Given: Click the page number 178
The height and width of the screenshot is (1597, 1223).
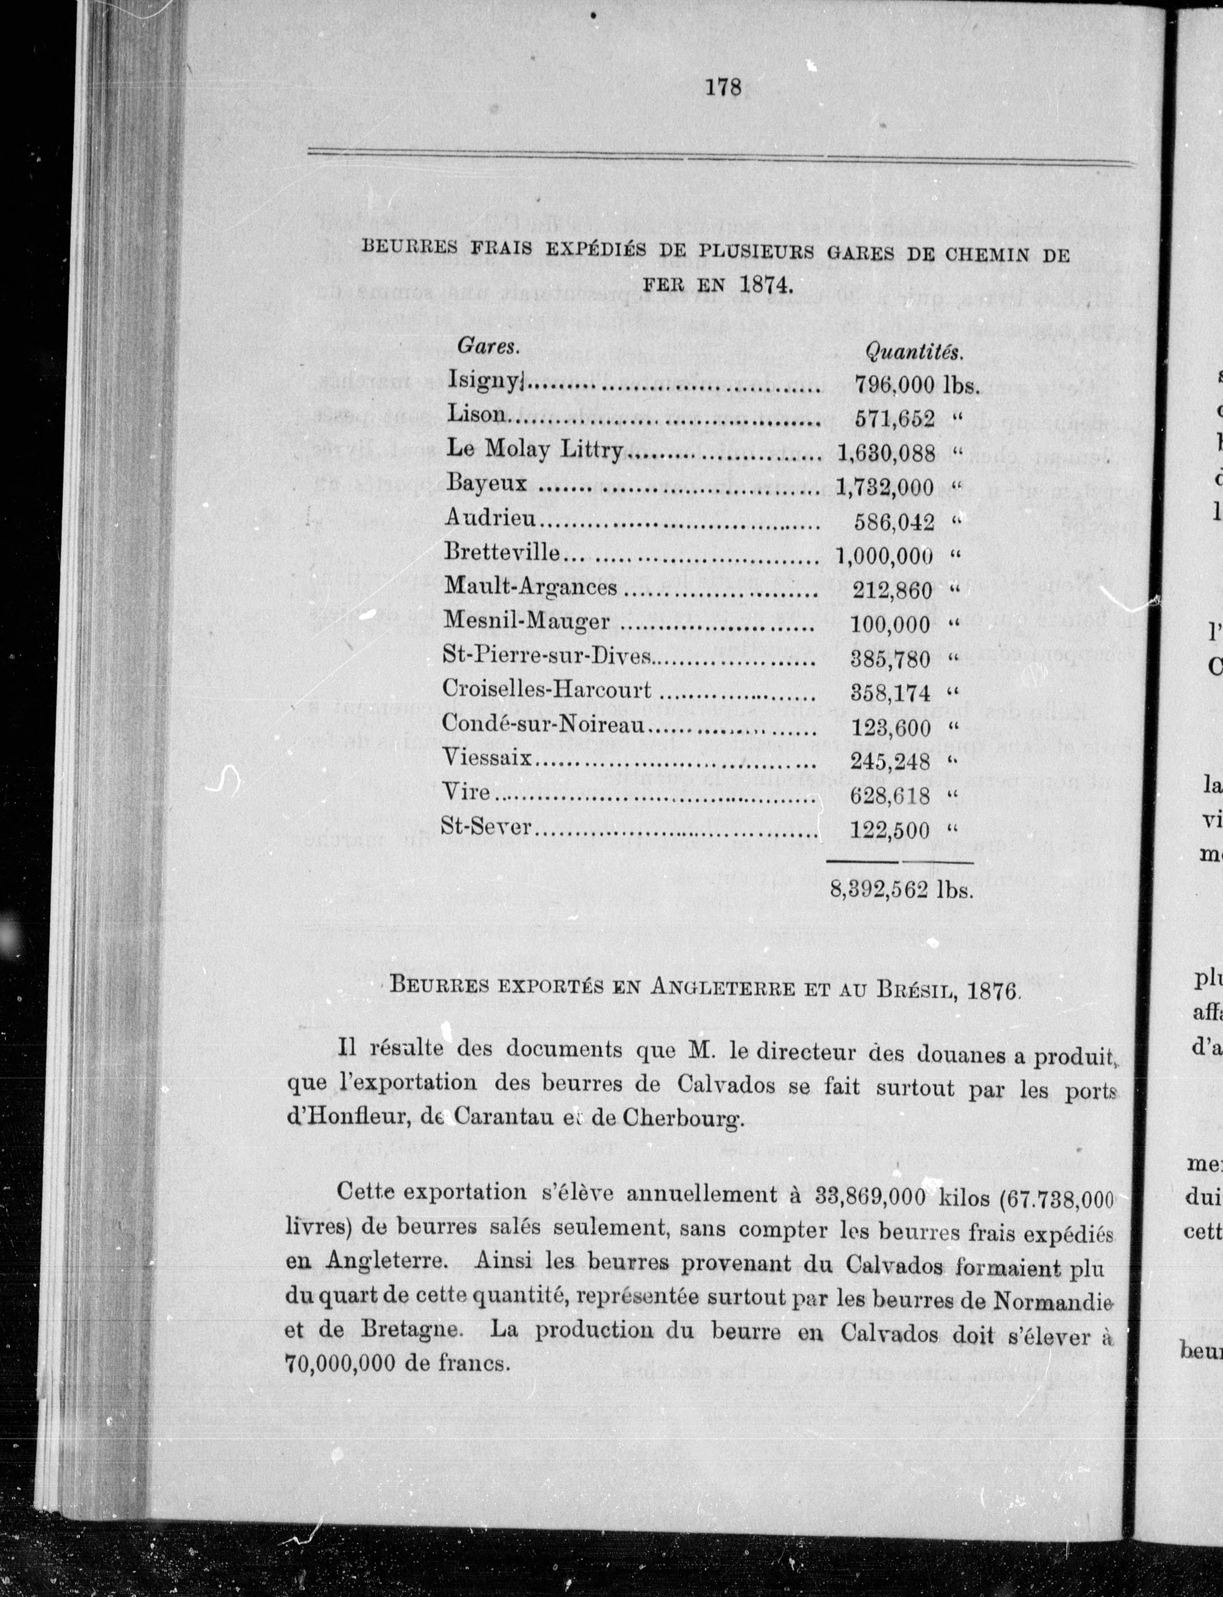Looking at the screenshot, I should coord(724,87).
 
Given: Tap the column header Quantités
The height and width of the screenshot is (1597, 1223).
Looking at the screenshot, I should coord(914,352).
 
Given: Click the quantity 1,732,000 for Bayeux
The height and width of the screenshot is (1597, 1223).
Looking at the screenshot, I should coord(885,487).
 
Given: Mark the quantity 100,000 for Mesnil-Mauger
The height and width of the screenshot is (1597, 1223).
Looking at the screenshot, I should coord(890,624).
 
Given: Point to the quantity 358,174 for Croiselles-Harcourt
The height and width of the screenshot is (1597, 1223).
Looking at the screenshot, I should coord(890,692).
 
